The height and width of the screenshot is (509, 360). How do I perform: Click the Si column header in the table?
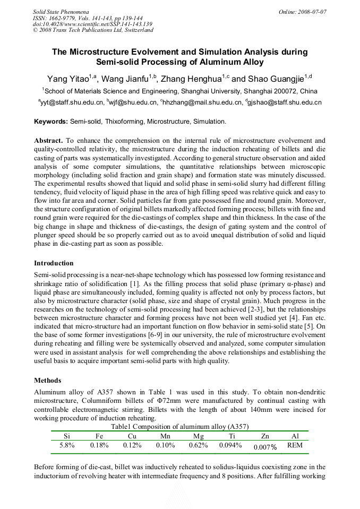pos(66,436)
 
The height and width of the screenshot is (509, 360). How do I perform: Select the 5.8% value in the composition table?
pos(66,445)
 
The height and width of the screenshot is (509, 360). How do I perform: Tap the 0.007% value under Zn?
pos(265,447)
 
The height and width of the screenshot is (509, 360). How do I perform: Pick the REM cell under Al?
pos(295,445)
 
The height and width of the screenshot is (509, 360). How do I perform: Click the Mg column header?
pos(198,436)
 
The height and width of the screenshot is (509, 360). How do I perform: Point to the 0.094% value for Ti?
pos(230,445)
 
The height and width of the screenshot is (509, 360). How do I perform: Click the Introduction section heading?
pos(54,263)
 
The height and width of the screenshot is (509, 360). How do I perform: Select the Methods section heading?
pos(47,381)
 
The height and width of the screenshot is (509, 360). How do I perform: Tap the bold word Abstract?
pos(49,140)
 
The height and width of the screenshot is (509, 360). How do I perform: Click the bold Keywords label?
pos(51,122)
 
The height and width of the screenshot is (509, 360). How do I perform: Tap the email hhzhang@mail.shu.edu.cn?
pos(201,102)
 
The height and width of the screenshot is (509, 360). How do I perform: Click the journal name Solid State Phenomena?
pos(61,11)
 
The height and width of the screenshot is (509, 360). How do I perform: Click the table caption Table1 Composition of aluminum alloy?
pos(179,427)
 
